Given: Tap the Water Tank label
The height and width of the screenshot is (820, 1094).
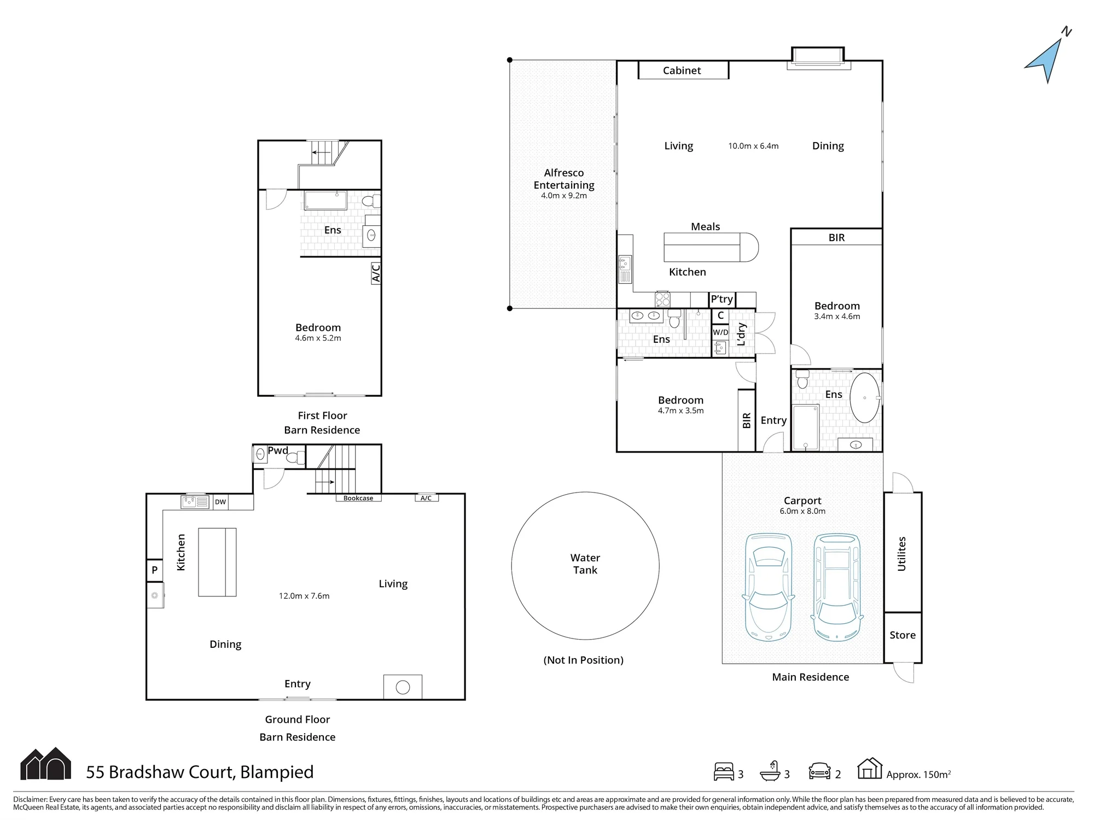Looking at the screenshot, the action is [585, 564].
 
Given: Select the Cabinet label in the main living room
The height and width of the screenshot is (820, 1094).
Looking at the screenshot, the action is [682, 71].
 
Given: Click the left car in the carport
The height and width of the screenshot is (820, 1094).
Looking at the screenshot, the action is [769, 587].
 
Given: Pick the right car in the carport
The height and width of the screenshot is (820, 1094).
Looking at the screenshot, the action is [837, 587].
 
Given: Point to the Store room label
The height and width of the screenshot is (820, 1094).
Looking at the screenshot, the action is [903, 635].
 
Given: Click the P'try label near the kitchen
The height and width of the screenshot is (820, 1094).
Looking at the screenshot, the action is [722, 299].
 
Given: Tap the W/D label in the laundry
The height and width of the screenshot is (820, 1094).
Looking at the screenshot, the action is [720, 332].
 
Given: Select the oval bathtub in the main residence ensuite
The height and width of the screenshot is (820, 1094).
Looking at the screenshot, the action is [865, 397].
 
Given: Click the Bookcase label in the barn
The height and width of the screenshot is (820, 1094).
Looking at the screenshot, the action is [358, 498].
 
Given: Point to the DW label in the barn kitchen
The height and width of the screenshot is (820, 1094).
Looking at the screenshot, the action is [220, 502].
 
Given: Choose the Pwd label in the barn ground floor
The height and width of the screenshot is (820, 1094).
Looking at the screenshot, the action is [278, 450].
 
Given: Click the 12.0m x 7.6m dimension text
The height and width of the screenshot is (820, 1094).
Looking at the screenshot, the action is [304, 596].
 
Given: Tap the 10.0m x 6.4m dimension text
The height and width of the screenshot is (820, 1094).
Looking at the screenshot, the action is [753, 146].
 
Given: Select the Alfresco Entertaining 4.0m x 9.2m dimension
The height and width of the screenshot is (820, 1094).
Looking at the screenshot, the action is [564, 196].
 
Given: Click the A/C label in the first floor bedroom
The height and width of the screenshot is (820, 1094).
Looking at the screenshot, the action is [376, 273].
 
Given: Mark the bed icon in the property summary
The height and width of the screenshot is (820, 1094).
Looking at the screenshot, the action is [724, 771].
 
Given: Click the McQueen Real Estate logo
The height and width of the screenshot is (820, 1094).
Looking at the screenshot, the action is [46, 763].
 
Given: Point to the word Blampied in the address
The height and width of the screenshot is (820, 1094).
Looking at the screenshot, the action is [277, 772].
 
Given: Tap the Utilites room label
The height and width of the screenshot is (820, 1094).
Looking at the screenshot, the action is [902, 554].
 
